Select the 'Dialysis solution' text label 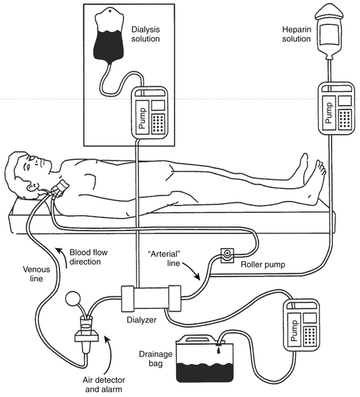(145, 34)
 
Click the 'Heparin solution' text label (296, 34)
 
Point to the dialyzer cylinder (151, 298)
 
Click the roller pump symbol (227, 255)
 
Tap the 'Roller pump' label (263, 264)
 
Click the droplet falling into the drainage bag (218, 351)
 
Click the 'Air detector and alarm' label (104, 384)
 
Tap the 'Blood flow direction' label (89, 257)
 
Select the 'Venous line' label (37, 274)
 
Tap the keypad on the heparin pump (346, 119)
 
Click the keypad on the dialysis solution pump (158, 124)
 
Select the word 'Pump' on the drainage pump (294, 330)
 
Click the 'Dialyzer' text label (141, 320)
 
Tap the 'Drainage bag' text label (156, 358)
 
